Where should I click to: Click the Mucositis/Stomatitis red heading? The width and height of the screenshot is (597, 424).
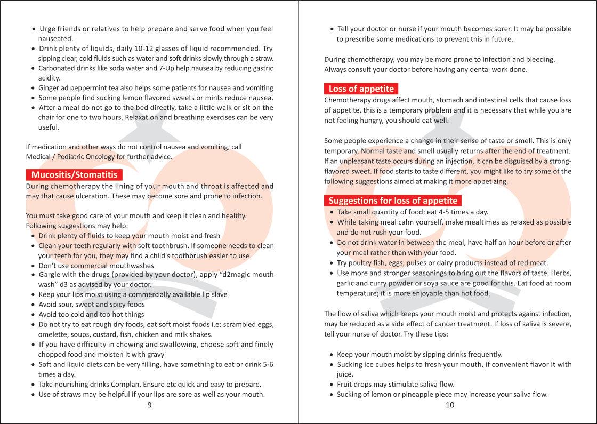tap(74, 175)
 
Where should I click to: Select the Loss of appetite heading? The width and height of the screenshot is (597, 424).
tap(361, 89)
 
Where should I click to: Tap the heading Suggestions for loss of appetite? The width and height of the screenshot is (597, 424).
tap(393, 201)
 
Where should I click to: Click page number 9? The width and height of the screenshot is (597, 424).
tap(149, 405)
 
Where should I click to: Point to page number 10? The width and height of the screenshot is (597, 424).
tap(449, 405)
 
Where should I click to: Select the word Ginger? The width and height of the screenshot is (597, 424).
tap(50, 88)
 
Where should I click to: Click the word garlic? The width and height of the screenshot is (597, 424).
tap(345, 284)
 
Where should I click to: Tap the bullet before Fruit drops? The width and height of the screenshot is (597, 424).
tap(332, 385)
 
